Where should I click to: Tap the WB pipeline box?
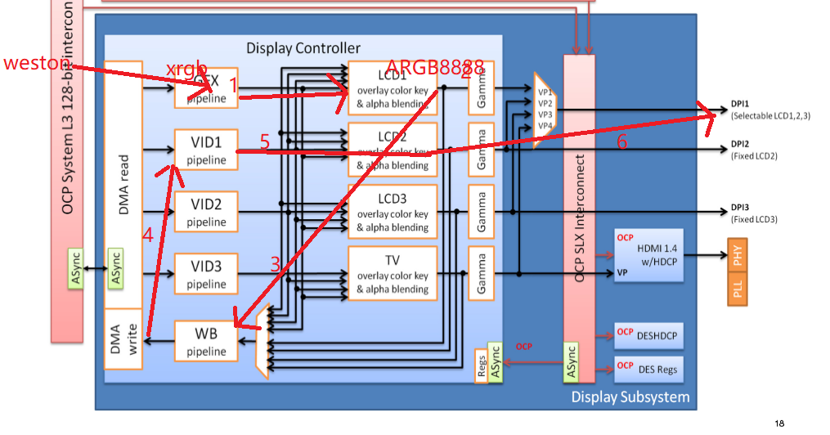[206, 342]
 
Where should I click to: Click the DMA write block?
[123, 339]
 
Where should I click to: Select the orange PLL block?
[738, 290]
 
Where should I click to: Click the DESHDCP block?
[648, 334]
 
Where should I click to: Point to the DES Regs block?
[648, 369]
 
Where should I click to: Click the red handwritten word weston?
[38, 63]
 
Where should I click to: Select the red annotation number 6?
[621, 141]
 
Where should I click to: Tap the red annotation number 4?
[147, 235]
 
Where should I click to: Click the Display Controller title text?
[303, 48]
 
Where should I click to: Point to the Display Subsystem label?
[630, 397]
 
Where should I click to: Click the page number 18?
[778, 423]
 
